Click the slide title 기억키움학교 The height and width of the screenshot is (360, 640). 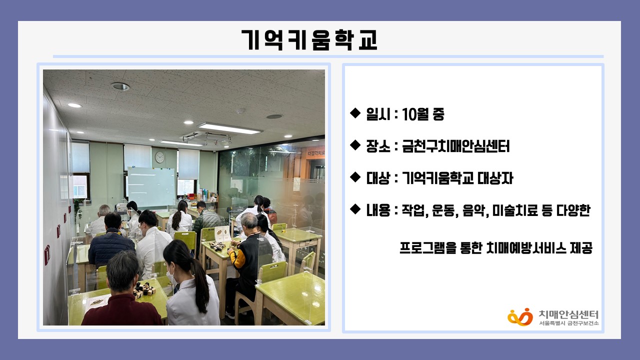[309, 40]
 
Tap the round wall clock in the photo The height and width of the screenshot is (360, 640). [159, 157]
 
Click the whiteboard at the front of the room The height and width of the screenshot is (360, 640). [151, 187]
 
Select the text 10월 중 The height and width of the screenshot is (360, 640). [423, 114]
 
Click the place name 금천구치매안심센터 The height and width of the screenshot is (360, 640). [455, 146]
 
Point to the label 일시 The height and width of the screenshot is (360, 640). [378, 114]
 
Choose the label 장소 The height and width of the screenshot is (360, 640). [378, 146]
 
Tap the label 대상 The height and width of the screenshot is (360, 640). [378, 178]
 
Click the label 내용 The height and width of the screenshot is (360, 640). [378, 210]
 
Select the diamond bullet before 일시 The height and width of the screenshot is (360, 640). [355, 113]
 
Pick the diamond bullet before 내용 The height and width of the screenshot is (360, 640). [355, 209]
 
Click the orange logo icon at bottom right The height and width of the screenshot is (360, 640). [520, 317]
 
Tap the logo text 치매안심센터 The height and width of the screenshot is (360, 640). [568, 314]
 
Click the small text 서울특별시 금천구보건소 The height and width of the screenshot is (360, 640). [569, 323]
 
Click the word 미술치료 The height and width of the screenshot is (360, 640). [510, 210]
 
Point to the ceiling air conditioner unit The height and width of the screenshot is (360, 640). [206, 138]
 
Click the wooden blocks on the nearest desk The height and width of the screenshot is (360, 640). [144, 288]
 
